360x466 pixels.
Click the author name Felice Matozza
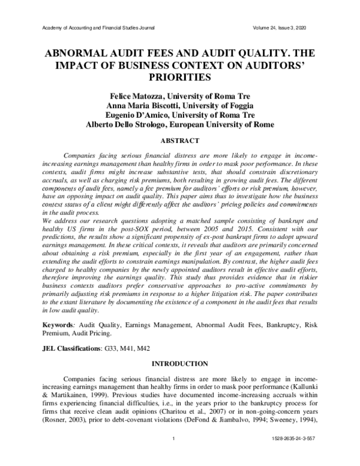pyautogui.click(x=132, y=96)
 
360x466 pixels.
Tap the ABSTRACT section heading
pyautogui.click(x=180, y=141)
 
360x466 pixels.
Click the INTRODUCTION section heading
pyautogui.click(x=180, y=364)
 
